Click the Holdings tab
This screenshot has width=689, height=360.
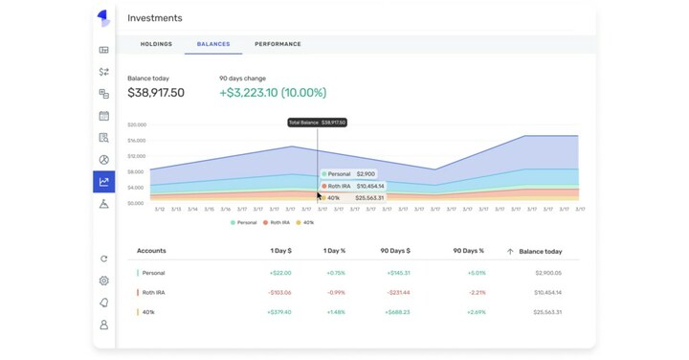point(156,44)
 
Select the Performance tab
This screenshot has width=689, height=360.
point(278,44)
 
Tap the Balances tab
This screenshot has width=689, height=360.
point(213,44)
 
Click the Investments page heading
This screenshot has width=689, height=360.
point(154,18)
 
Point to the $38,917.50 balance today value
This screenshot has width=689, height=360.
point(156,93)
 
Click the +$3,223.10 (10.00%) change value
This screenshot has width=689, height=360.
point(273,93)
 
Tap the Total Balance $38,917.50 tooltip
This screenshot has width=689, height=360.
point(318,123)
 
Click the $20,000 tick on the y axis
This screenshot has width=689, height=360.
point(136,124)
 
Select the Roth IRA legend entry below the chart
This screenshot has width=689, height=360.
point(279,222)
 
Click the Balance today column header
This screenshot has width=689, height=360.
point(540,251)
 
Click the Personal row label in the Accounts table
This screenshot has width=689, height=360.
point(153,273)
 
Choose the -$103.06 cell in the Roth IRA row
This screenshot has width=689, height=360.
point(280,292)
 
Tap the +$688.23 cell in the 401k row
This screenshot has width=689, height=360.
point(396,312)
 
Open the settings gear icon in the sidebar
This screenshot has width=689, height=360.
point(103,281)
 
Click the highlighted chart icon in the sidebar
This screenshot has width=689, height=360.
point(103,182)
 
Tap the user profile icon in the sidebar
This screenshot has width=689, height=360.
point(103,326)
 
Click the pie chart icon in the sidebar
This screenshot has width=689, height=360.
point(103,160)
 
